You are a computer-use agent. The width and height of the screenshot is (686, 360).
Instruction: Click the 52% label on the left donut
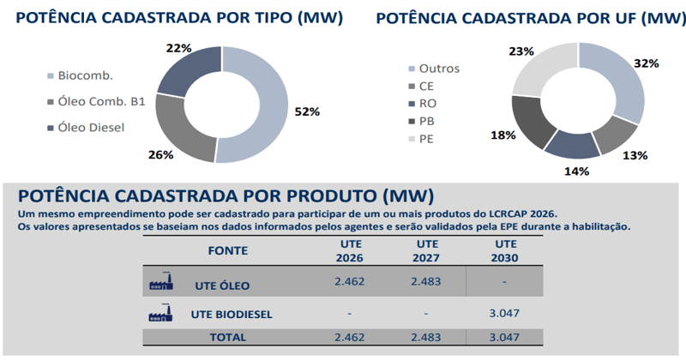[307, 111]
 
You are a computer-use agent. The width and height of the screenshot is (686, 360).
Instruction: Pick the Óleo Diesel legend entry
[90, 128]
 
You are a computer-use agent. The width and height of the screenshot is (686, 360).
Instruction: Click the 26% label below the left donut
[160, 155]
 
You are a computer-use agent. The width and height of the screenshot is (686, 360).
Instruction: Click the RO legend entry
[427, 103]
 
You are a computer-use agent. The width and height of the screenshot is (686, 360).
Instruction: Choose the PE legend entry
[426, 138]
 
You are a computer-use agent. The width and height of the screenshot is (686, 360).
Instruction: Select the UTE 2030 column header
[503, 251]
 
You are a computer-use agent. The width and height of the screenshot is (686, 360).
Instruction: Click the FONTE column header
[228, 251]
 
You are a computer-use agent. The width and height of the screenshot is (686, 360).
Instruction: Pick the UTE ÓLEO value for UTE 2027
[426, 280]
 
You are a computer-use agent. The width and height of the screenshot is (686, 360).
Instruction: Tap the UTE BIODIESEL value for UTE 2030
[503, 313]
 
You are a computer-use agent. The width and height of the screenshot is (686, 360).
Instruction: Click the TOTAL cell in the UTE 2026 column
[349, 338]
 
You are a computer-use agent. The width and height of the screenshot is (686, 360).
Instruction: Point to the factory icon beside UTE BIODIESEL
[160, 313]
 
